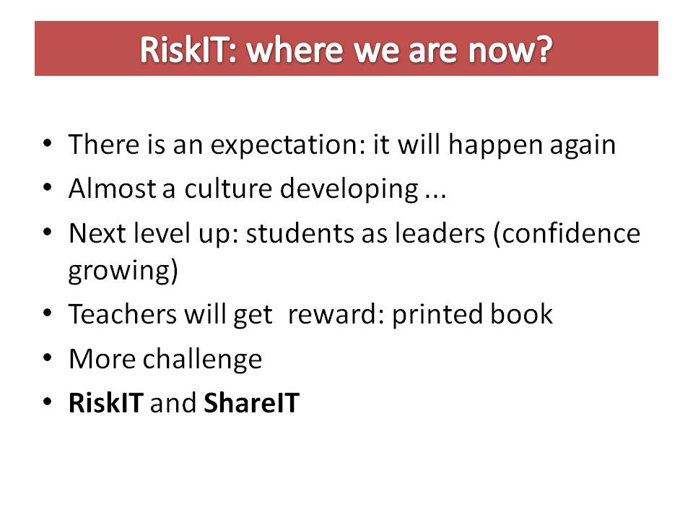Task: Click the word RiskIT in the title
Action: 183,49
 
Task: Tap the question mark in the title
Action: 543,49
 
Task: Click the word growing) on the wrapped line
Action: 123,272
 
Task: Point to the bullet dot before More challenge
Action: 48,359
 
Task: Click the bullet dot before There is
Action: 48,144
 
